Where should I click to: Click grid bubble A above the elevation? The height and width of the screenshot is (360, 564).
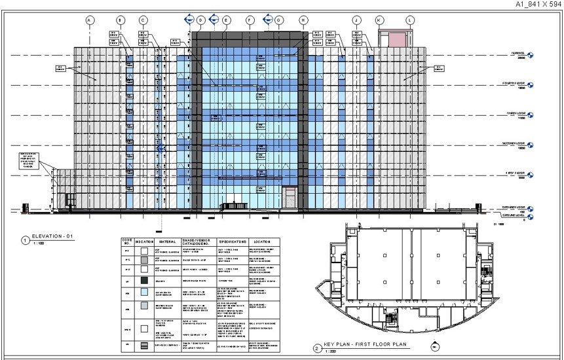coord(89,20)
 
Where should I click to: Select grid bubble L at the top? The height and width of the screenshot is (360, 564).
coord(410,20)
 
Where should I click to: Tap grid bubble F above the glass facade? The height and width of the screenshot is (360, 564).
coord(250,20)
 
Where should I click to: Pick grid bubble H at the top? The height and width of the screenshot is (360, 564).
coord(303,20)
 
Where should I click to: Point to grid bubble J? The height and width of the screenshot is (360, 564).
coord(356,20)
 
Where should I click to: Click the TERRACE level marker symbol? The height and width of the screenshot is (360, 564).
coord(530,56)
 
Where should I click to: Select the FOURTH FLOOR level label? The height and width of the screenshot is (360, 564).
coord(514,83)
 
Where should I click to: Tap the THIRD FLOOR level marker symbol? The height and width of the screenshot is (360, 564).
coord(530,114)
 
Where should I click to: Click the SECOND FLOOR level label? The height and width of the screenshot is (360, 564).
coord(514,143)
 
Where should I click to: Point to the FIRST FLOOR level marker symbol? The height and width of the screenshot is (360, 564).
coord(530,175)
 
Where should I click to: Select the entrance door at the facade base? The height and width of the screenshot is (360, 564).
coord(289,198)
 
